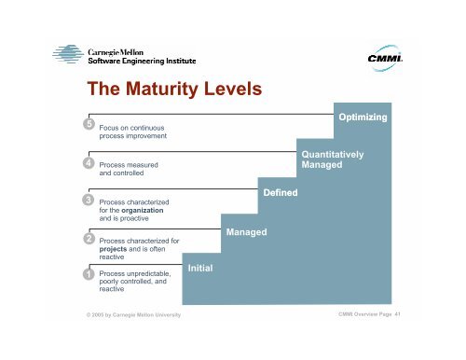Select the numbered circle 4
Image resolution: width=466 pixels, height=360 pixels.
[x=87, y=163]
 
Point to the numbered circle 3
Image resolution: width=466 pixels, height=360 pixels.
[x=87, y=200]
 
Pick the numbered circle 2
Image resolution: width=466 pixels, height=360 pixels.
[x=87, y=239]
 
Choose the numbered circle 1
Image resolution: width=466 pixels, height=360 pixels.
[x=87, y=274]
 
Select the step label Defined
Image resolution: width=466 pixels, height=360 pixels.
[x=281, y=192]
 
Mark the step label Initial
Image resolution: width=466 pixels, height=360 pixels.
[x=201, y=269]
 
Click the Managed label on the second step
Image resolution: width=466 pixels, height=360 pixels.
[x=246, y=230]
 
